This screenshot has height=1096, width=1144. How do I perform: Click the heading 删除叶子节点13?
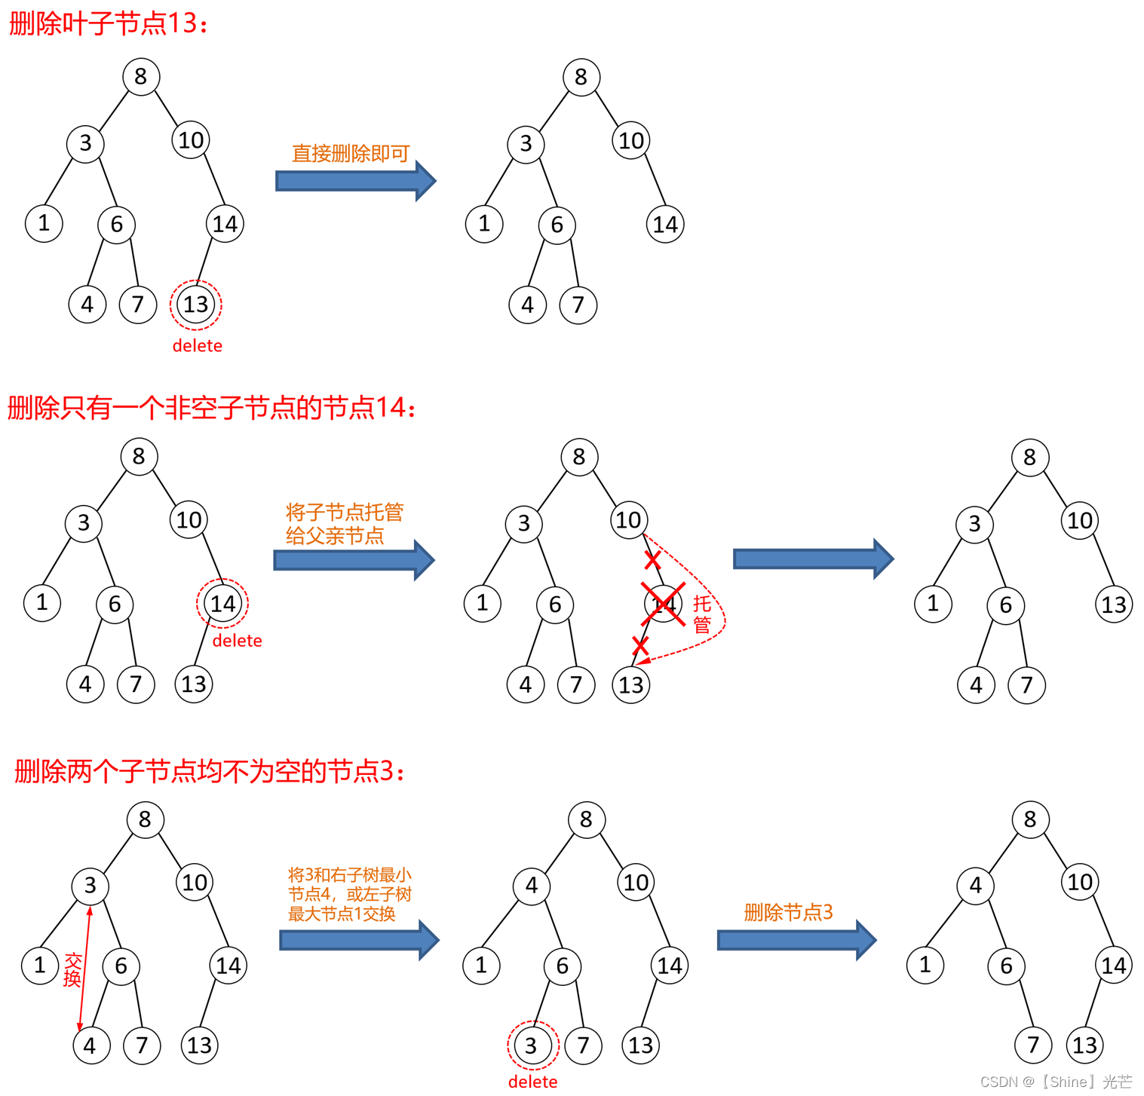(x=108, y=23)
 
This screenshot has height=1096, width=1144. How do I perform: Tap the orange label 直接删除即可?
(x=351, y=154)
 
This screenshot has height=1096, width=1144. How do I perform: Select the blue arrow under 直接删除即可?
(x=355, y=181)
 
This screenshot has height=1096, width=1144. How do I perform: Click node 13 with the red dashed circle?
(x=195, y=305)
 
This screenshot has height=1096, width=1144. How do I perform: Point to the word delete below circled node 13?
(x=198, y=346)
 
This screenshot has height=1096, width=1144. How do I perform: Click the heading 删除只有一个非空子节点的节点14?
(x=211, y=408)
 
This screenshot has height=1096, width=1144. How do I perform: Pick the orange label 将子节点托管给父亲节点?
(x=345, y=524)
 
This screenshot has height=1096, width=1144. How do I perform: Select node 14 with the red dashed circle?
(x=222, y=603)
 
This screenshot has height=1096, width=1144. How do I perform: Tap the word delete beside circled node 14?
(x=237, y=641)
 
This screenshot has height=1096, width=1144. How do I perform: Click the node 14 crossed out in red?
(x=663, y=604)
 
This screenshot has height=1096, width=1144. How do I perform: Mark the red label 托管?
(x=702, y=614)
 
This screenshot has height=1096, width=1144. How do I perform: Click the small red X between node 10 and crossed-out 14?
(x=652, y=560)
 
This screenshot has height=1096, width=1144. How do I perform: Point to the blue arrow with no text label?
(x=813, y=559)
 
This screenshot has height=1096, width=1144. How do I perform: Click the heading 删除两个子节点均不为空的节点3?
(x=210, y=771)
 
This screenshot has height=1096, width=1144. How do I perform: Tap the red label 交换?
(x=72, y=969)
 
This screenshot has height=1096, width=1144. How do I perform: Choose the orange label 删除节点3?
(x=788, y=912)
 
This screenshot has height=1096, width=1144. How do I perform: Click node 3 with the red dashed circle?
(x=532, y=1045)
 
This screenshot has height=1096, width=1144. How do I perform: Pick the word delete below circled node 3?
(x=532, y=1082)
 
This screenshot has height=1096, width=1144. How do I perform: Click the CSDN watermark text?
(x=1056, y=1082)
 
